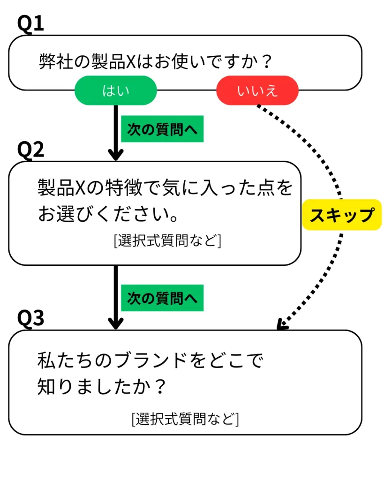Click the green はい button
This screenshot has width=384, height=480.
point(115,90)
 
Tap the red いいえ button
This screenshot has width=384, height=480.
point(257,90)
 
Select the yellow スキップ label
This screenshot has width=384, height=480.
point(342,215)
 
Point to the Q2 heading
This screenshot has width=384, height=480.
point(30,150)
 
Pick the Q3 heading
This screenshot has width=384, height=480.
point(30,318)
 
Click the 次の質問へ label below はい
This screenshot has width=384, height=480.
point(162,129)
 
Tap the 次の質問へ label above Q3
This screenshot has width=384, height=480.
point(162,298)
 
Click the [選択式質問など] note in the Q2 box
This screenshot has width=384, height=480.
point(167,241)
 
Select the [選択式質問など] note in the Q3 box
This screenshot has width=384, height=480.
point(185,418)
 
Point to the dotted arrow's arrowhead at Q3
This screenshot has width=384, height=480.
point(281,325)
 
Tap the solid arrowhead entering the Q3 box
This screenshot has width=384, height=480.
point(115,323)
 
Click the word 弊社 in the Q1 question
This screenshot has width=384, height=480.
point(53,61)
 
